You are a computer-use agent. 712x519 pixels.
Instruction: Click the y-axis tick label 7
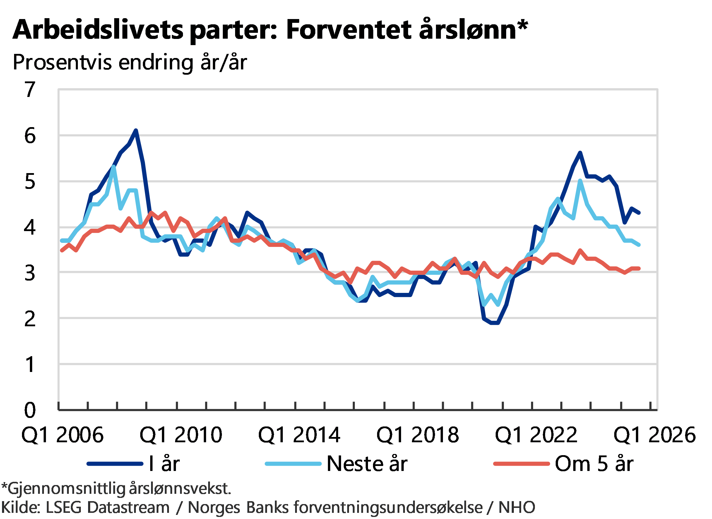30,90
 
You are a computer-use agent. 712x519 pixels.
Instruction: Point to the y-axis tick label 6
30,136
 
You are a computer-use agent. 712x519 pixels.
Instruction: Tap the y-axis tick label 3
30,273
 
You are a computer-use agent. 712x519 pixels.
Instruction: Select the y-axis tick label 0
30,410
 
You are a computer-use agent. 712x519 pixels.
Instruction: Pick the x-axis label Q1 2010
181,435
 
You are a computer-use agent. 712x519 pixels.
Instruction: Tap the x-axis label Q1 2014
299,435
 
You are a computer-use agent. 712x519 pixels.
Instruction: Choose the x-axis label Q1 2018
418,435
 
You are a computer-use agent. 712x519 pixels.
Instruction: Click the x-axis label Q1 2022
536,435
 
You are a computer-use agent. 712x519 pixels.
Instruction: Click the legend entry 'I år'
164,464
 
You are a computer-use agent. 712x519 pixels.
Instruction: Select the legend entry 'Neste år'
367,464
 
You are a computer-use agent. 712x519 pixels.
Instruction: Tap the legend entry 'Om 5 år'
594,464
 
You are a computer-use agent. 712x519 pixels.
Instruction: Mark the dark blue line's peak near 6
136,130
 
